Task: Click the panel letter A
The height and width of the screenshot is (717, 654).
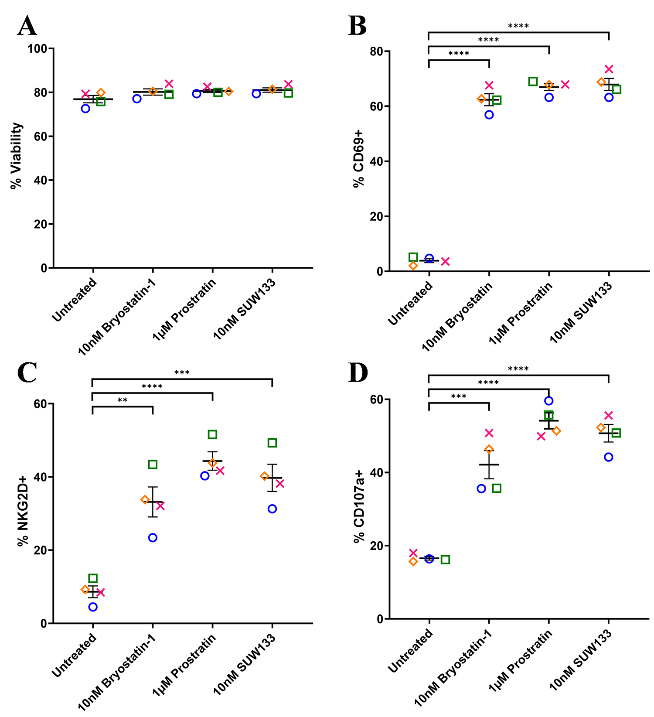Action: coord(27,26)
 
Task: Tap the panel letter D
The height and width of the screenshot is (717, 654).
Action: coord(358,373)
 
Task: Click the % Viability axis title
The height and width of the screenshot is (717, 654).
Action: coord(17,156)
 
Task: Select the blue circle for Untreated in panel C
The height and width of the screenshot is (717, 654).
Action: coord(92,607)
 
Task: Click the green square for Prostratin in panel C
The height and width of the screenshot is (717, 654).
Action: coord(212,434)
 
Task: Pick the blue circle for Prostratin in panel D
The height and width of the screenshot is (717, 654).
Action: coord(549,401)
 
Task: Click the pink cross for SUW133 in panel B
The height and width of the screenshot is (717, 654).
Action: coord(609,69)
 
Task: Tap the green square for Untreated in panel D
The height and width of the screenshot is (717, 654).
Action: coord(445,560)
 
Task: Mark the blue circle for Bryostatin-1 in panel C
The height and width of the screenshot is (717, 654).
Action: coord(153,538)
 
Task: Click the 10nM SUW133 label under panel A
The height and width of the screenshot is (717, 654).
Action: coord(244,309)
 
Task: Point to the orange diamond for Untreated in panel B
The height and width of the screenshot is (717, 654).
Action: coord(413,266)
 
